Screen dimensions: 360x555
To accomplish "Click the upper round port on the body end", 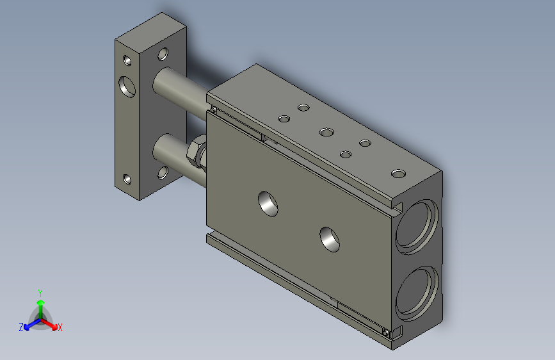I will pos(417,225).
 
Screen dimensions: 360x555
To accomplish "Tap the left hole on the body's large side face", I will pos(269,203).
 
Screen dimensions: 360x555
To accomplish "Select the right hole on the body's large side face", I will pos(330,238).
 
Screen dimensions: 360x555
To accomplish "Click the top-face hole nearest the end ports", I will pos(398,174).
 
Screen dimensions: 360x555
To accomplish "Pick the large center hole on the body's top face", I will pos(326,133).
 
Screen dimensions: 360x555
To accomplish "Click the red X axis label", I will pos(60,328).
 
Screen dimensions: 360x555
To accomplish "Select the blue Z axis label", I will pos(21,327).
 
